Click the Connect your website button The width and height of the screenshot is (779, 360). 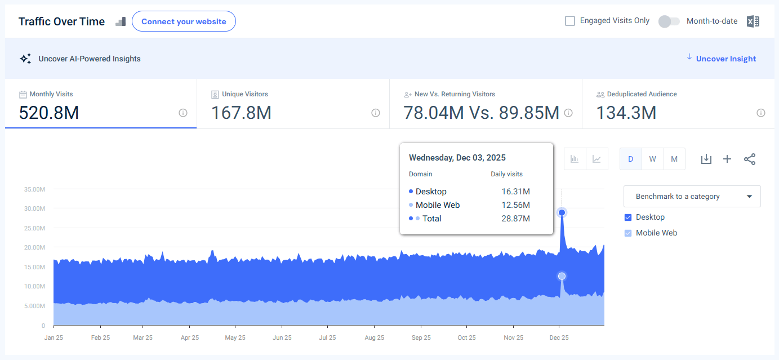pyautogui.click(x=184, y=21)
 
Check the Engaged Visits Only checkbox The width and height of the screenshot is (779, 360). pyautogui.click(x=570, y=21)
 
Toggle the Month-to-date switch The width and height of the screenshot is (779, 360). pyautogui.click(x=669, y=21)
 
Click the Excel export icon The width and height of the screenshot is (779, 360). pyautogui.click(x=753, y=21)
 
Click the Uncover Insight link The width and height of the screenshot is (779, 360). pyautogui.click(x=725, y=59)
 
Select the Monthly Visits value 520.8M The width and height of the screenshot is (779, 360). pyautogui.click(x=49, y=113)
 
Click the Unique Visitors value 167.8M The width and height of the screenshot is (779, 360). pyautogui.click(x=241, y=113)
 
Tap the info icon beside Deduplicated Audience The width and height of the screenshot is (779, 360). pyautogui.click(x=760, y=113)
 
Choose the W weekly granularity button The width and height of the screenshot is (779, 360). pyautogui.click(x=652, y=159)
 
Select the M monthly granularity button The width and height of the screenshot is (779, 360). pyautogui.click(x=674, y=159)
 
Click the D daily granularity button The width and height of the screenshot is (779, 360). pyautogui.click(x=630, y=159)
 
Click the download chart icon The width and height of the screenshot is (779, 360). pyautogui.click(x=706, y=159)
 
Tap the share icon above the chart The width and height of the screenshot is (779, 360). pyautogui.click(x=750, y=159)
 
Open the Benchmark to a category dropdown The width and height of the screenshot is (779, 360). pyautogui.click(x=692, y=197)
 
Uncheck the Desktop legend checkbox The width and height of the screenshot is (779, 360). pyautogui.click(x=628, y=217)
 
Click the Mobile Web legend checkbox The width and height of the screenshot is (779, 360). pyautogui.click(x=628, y=233)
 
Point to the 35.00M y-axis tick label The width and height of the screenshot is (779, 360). pyautogui.click(x=34, y=189)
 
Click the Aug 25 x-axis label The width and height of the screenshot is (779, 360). pyautogui.click(x=374, y=338)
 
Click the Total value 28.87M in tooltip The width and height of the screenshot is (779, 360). pyautogui.click(x=515, y=219)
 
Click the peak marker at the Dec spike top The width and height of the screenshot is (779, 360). pyautogui.click(x=562, y=212)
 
